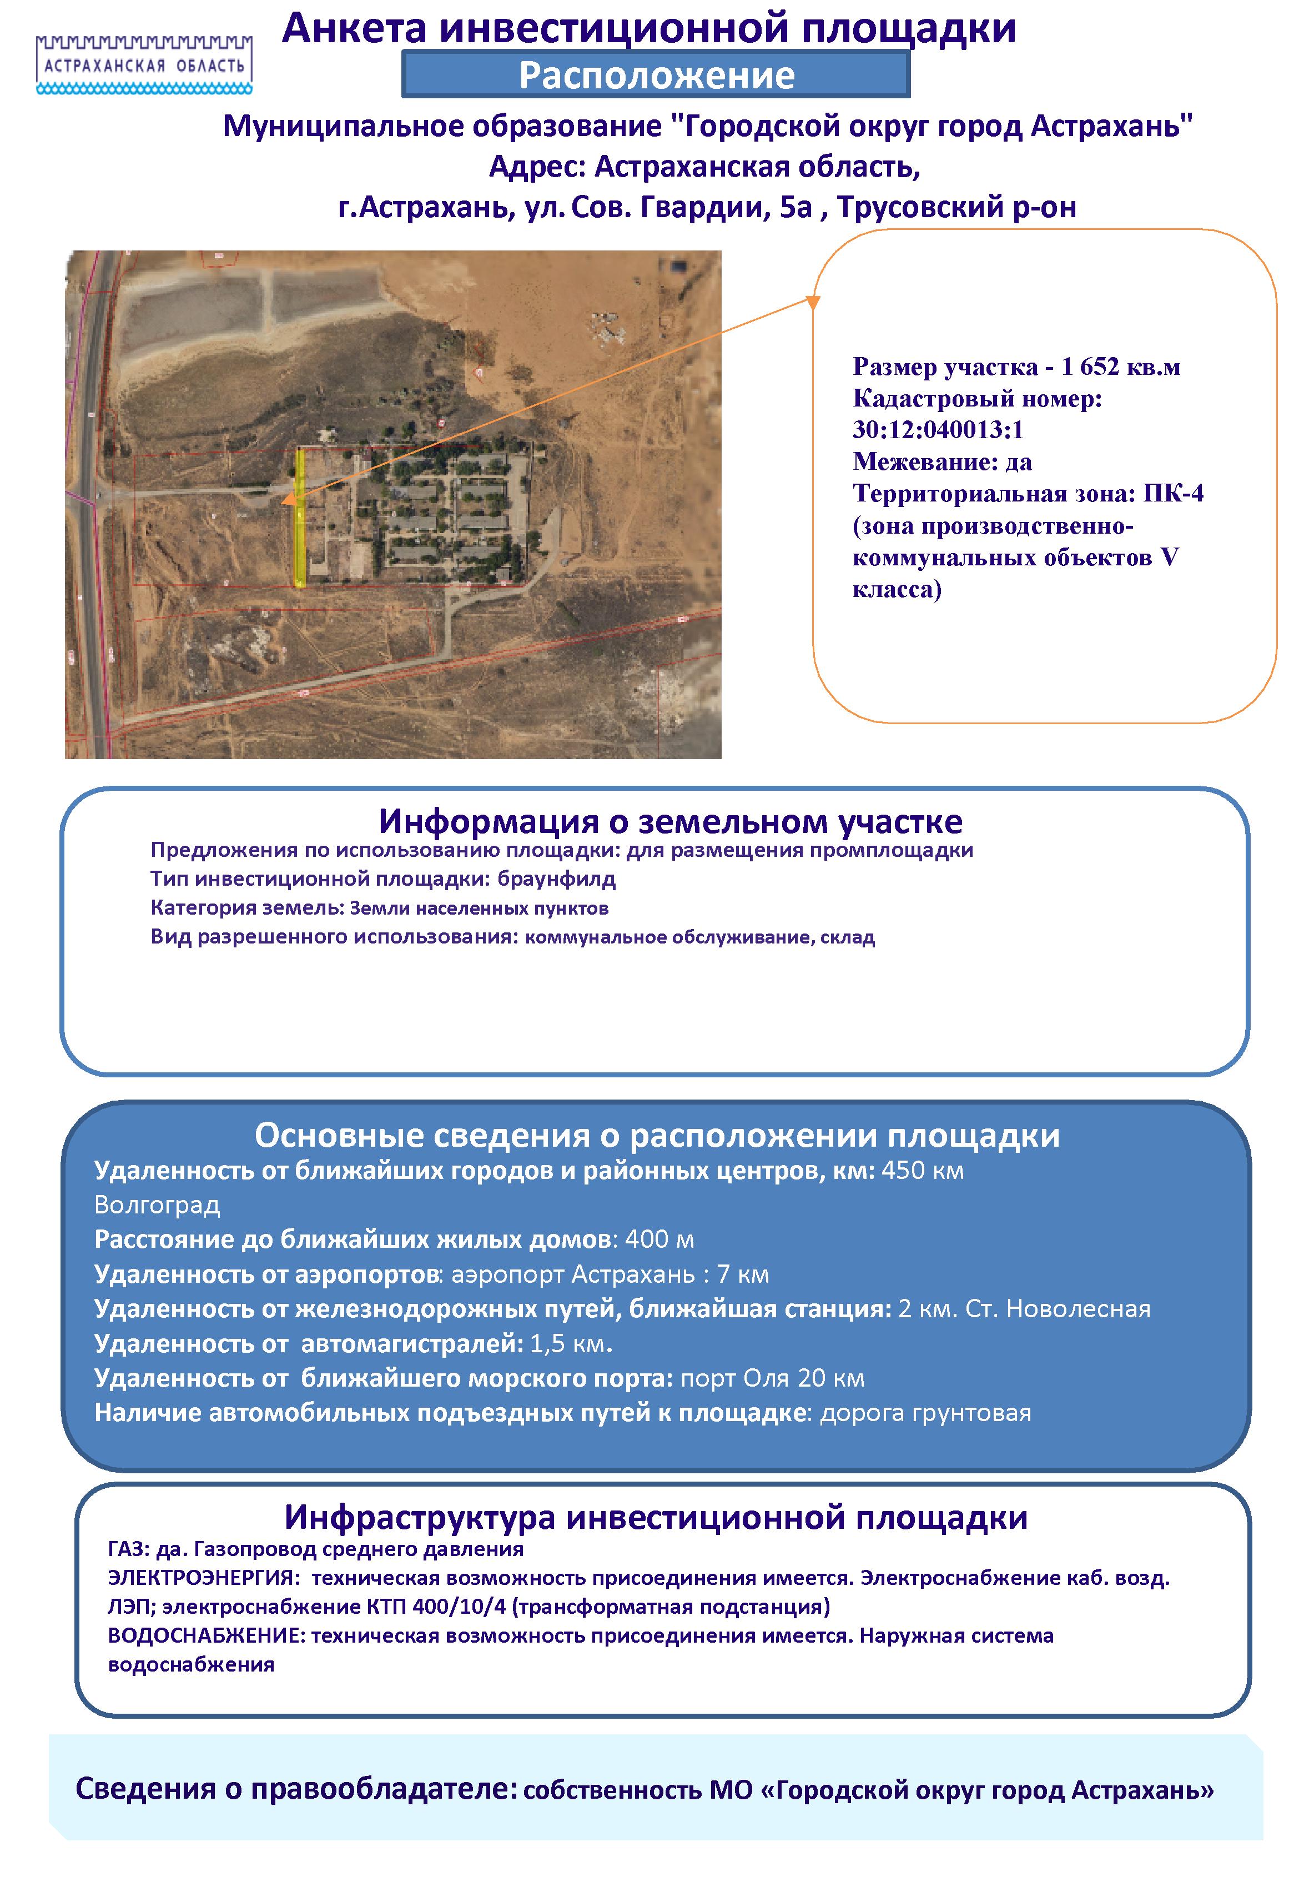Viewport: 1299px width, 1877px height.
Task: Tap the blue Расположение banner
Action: click(x=656, y=75)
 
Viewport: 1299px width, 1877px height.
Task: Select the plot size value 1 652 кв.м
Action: click(x=1121, y=367)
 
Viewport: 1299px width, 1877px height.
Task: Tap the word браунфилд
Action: click(x=557, y=879)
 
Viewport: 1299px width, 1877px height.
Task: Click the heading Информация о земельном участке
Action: click(x=671, y=821)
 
